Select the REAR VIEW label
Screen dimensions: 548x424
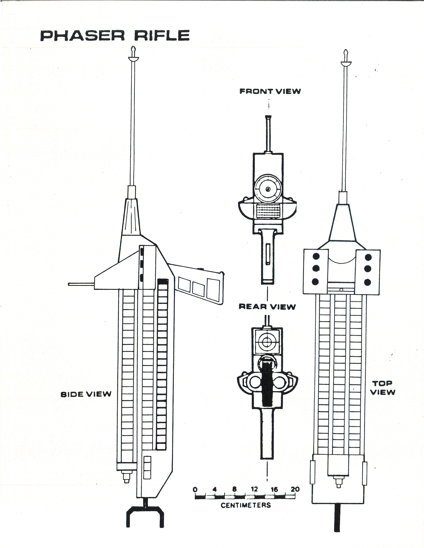(x=267, y=307)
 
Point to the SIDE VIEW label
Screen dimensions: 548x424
(x=86, y=394)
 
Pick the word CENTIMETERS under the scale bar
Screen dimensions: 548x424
(x=246, y=505)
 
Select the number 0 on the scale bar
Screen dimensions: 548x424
(x=195, y=490)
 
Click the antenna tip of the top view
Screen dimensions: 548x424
(x=346, y=53)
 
